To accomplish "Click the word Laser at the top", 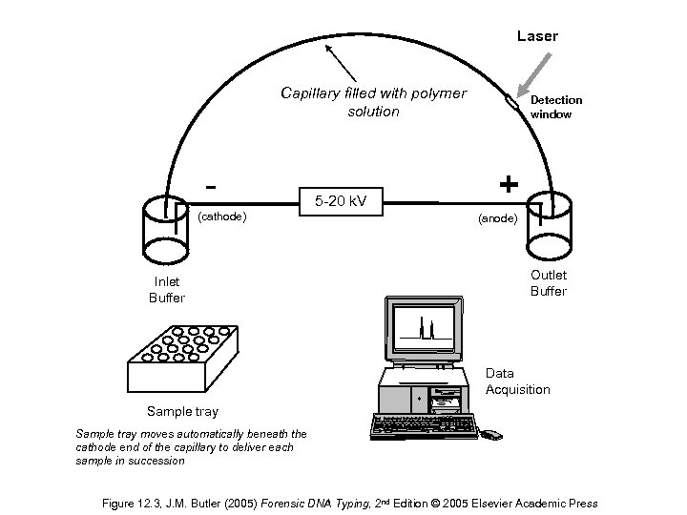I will [x=537, y=36].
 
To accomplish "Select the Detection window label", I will [x=555, y=107].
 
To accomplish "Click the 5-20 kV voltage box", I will [x=342, y=201].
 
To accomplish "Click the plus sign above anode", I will [x=509, y=183].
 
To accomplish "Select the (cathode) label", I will [x=221, y=216].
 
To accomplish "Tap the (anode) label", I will [x=497, y=218].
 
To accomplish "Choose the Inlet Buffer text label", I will [x=167, y=290].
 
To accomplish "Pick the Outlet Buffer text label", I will [x=548, y=283].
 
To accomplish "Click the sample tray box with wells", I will [x=180, y=359].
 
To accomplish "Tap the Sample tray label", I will [x=181, y=412].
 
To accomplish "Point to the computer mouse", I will [x=490, y=435].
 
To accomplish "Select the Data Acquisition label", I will [x=517, y=381].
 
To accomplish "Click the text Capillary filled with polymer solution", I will [x=373, y=102].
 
